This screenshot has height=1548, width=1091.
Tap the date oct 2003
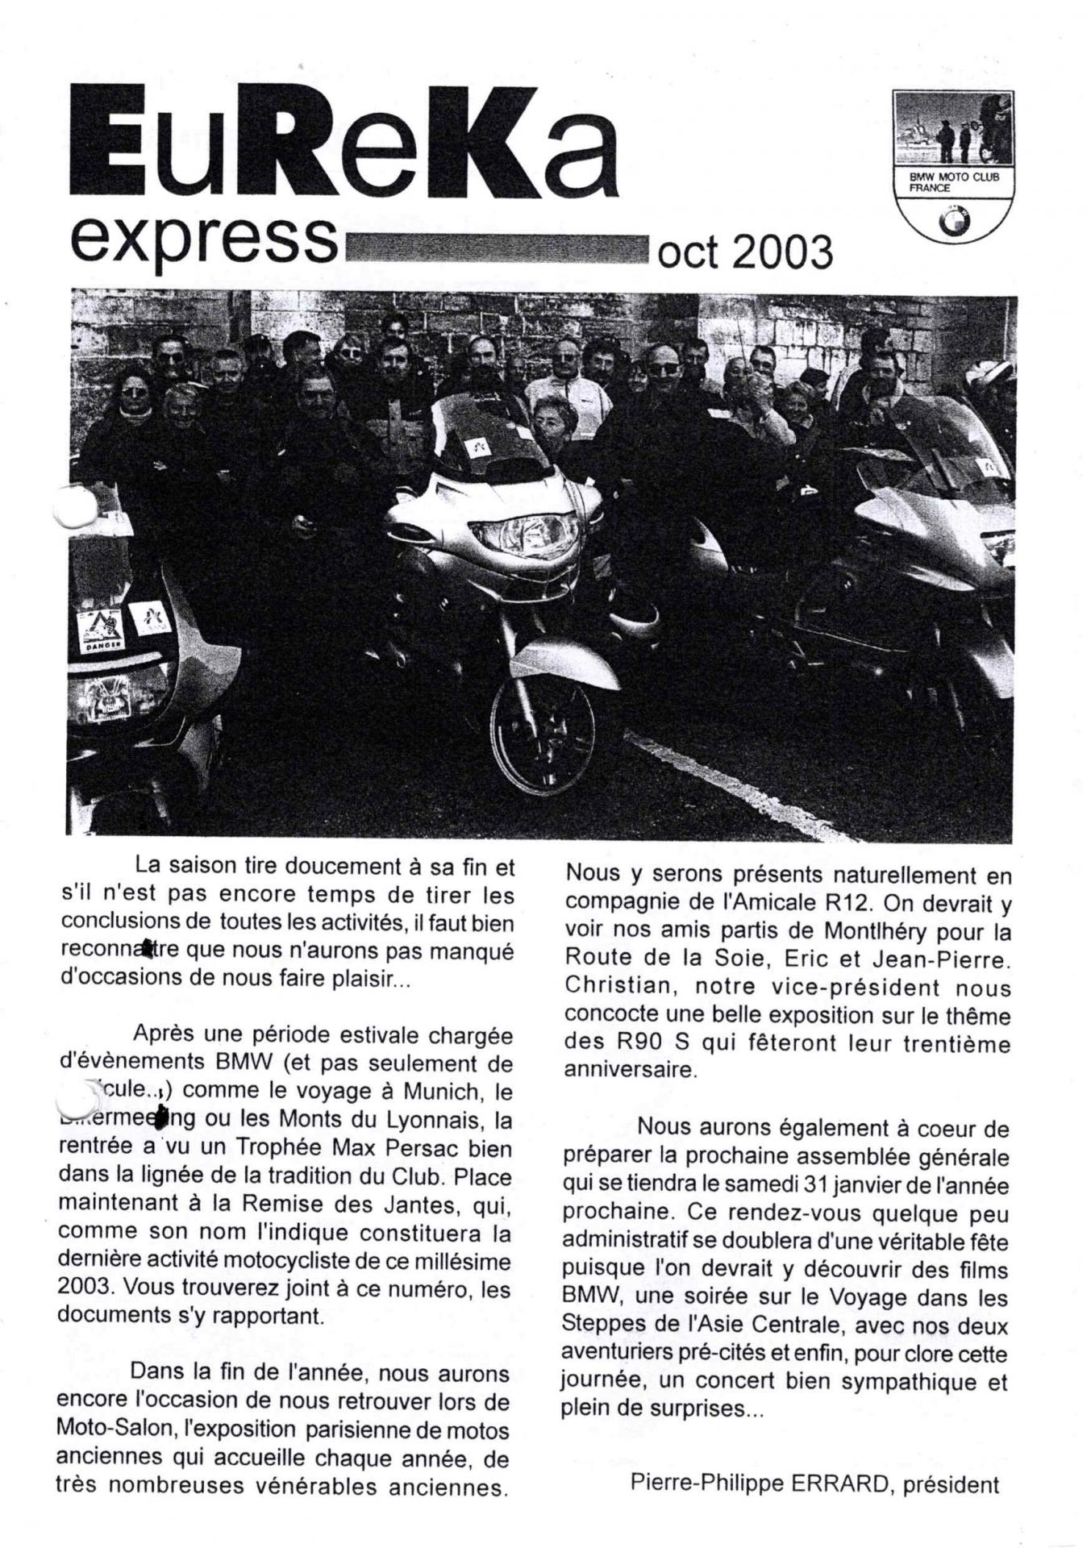pos(745,252)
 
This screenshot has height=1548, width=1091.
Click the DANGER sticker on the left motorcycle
pos(101,646)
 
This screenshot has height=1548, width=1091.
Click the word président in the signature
pos(951,1484)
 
